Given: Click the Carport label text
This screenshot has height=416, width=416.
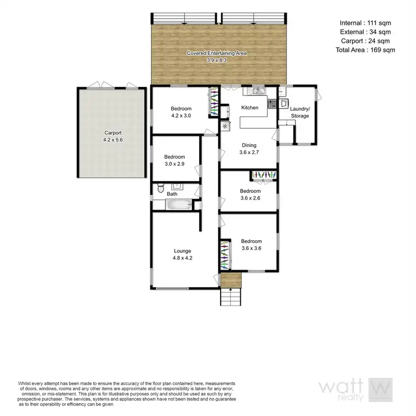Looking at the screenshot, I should click(x=112, y=133).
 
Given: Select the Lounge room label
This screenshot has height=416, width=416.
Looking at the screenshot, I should click(x=182, y=251).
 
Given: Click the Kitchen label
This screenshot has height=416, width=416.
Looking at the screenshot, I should click(x=250, y=108).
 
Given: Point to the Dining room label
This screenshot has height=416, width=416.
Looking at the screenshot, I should click(x=249, y=145).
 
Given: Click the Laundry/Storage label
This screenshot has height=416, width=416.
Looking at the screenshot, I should click(x=300, y=113).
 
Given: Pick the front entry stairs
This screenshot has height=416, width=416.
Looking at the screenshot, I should click(x=231, y=298).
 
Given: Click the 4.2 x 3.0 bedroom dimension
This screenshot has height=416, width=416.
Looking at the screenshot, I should click(x=181, y=115).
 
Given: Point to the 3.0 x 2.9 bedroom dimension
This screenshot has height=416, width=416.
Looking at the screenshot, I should click(x=175, y=164).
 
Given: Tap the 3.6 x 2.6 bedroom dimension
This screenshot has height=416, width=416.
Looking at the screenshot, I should click(x=250, y=197).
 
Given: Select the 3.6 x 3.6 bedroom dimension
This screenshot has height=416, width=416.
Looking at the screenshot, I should click(x=251, y=248).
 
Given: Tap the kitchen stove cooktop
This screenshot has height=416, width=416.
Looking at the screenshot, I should click(x=272, y=103).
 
